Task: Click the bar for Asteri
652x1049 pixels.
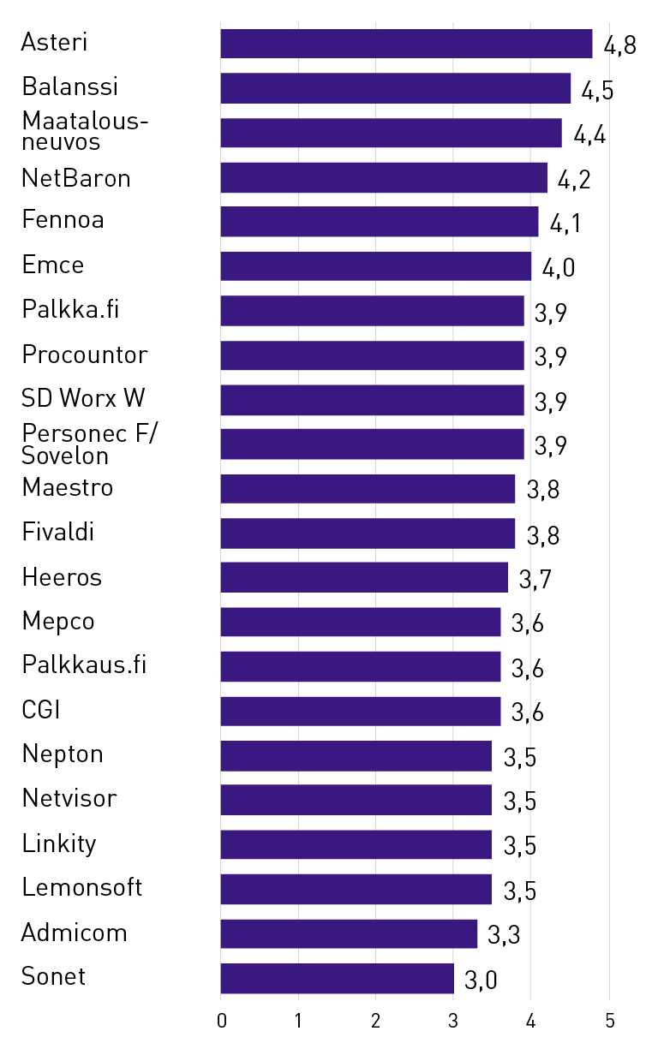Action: [406, 44]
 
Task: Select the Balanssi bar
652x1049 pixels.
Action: [395, 88]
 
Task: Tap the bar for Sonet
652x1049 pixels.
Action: [337, 978]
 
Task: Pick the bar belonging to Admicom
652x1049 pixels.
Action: [349, 933]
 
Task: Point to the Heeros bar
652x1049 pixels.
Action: [364, 577]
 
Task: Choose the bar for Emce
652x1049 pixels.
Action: [375, 266]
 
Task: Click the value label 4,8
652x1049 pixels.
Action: [619, 46]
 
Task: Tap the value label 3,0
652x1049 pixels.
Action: [481, 980]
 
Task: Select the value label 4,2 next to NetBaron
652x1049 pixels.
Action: [574, 180]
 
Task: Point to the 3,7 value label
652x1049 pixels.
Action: [535, 580]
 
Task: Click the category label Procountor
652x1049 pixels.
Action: [85, 355]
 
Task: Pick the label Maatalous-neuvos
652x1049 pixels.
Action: [85, 132]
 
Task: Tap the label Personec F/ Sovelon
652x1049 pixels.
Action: [90, 444]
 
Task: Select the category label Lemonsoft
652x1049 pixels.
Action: [82, 887]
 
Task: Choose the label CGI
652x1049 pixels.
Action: [41, 710]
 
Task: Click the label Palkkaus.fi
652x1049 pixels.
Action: [85, 665]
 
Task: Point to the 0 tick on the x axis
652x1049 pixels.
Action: [221, 1021]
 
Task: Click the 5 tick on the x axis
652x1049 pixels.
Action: [610, 1021]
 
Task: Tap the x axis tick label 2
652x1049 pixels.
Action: [376, 1021]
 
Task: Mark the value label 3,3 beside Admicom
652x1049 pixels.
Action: [504, 936]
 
